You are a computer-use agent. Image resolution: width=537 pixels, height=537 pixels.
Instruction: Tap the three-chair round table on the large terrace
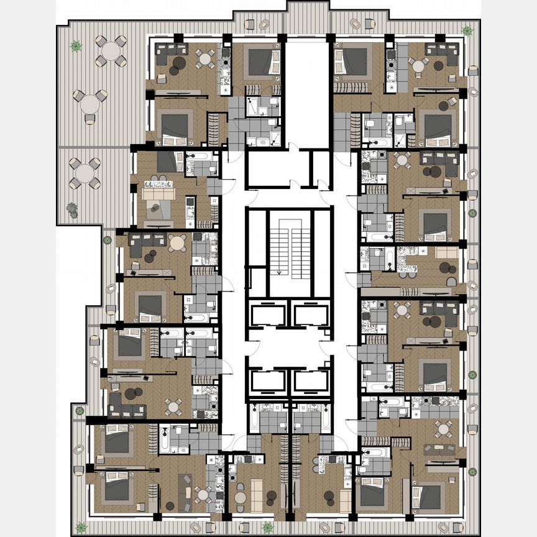(x=89, y=104)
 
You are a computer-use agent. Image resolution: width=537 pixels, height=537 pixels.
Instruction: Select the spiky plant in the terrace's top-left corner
(x=76, y=45)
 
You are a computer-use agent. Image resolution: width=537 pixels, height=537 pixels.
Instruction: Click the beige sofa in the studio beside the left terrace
(x=156, y=194)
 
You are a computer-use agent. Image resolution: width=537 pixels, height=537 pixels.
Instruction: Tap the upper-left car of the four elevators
(x=267, y=315)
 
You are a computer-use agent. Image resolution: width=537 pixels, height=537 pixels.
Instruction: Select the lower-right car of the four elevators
(x=311, y=381)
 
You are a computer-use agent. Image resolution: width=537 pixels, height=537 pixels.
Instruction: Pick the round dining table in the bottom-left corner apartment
(x=203, y=495)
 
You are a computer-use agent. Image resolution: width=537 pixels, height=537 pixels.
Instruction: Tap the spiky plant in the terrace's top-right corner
(x=467, y=30)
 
